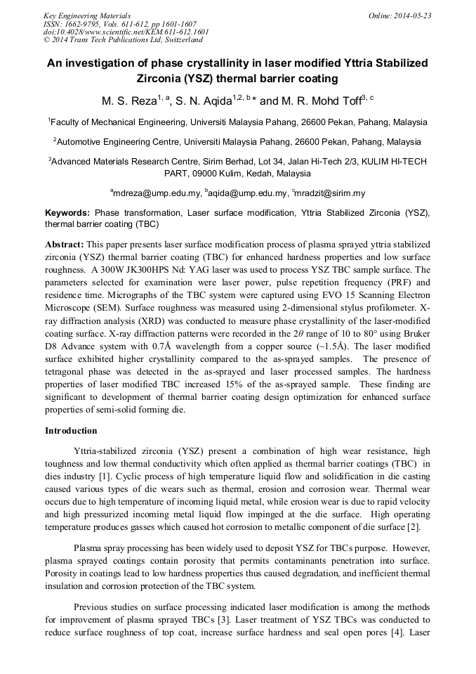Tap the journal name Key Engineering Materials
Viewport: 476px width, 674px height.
[x=87, y=15]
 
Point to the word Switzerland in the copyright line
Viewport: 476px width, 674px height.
[x=176, y=41]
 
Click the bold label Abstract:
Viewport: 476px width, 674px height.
[x=65, y=244]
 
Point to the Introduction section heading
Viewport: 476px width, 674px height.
[x=71, y=431]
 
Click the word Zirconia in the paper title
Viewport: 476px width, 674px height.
[x=164, y=79]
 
